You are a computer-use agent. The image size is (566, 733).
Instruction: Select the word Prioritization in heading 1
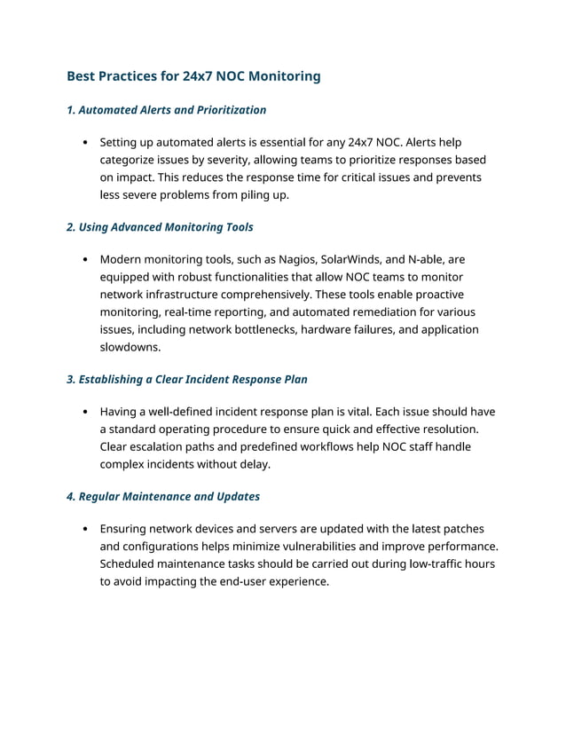(x=226, y=110)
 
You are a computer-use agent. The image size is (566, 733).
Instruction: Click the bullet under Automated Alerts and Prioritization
(x=83, y=142)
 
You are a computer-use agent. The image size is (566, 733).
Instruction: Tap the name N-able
(x=427, y=259)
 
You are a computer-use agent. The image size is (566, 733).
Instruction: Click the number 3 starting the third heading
(x=70, y=380)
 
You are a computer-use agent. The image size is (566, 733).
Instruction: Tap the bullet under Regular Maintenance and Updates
(x=83, y=529)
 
